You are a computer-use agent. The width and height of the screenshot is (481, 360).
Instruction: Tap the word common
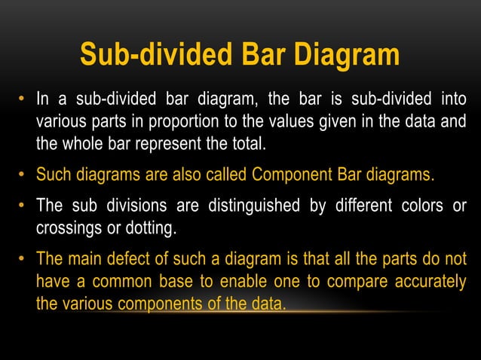[x=135, y=281]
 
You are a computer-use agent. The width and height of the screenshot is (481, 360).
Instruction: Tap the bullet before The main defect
[x=23, y=260]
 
